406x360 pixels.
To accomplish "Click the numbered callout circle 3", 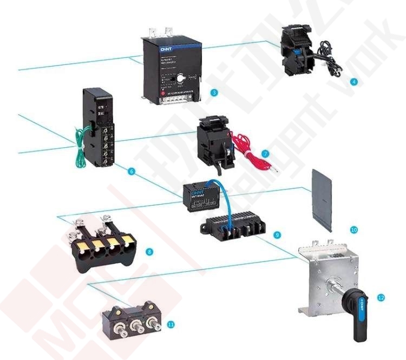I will coord(214,93).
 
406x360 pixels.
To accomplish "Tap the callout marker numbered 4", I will coord(354,82).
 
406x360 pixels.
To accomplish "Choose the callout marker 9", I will coord(277,234).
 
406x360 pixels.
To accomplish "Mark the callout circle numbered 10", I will coord(354,230).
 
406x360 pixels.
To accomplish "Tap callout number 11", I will coord(171,324).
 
